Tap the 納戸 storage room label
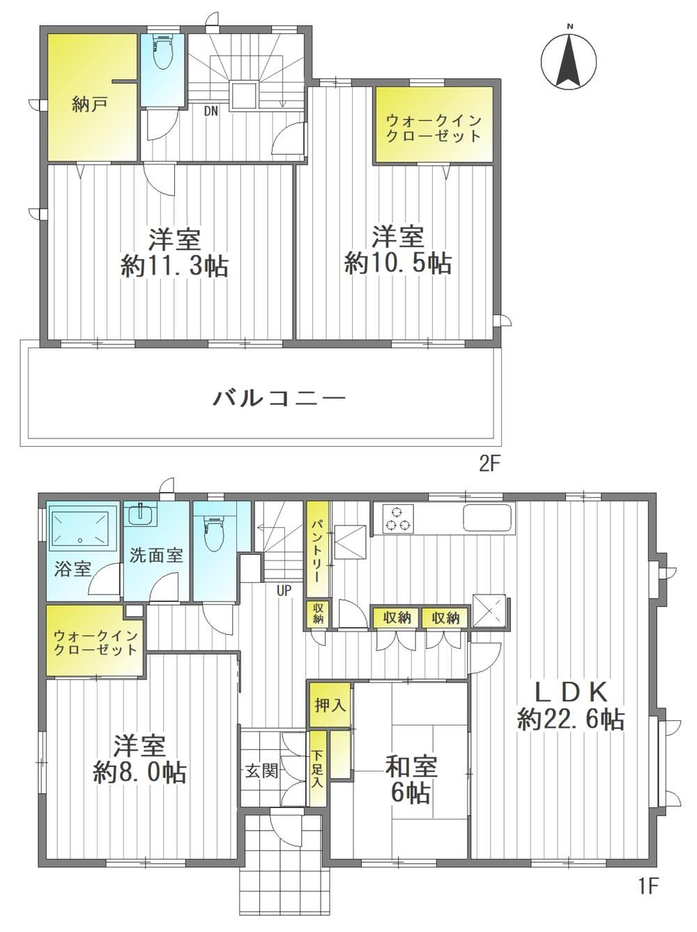(x=90, y=104)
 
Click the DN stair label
(x=211, y=112)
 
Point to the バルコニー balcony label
(x=279, y=399)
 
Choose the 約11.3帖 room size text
(x=174, y=267)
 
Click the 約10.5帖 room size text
(x=398, y=263)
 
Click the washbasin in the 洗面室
(x=141, y=515)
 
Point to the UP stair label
(x=284, y=590)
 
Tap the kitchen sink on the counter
(x=487, y=517)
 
